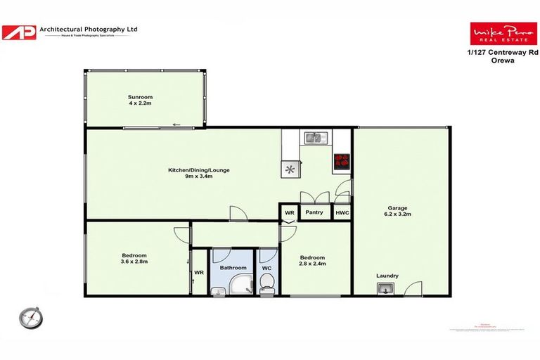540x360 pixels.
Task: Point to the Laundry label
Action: (387, 276)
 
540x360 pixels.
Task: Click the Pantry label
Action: (314, 212)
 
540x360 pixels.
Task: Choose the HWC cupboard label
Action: (342, 212)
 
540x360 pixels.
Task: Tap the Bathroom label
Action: (233, 268)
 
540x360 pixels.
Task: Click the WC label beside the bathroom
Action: (266, 268)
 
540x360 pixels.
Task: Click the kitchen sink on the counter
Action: (312, 137)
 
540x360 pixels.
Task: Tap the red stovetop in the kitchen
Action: (342, 159)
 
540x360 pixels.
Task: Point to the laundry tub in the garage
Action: (385, 288)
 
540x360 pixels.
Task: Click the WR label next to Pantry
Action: (289, 212)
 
